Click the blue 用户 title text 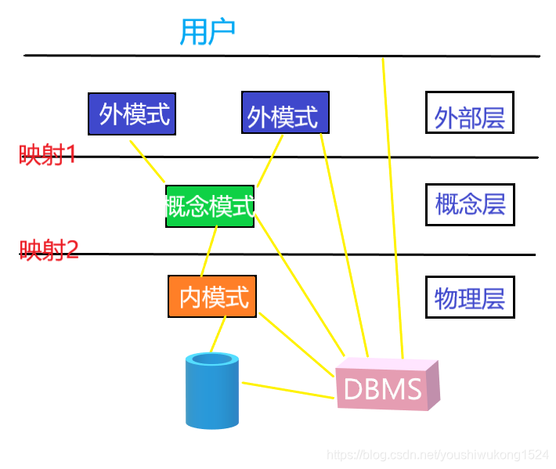tap(208, 32)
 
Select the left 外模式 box tap(132, 114)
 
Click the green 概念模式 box tap(210, 207)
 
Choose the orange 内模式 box tap(213, 297)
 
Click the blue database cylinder tap(211, 395)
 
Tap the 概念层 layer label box tap(470, 204)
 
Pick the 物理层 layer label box tap(470, 297)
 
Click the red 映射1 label tap(48, 155)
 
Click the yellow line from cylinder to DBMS tap(288, 391)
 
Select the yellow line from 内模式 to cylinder tap(217, 335)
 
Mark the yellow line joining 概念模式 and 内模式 tap(208, 251)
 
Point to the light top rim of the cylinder tap(212, 359)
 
